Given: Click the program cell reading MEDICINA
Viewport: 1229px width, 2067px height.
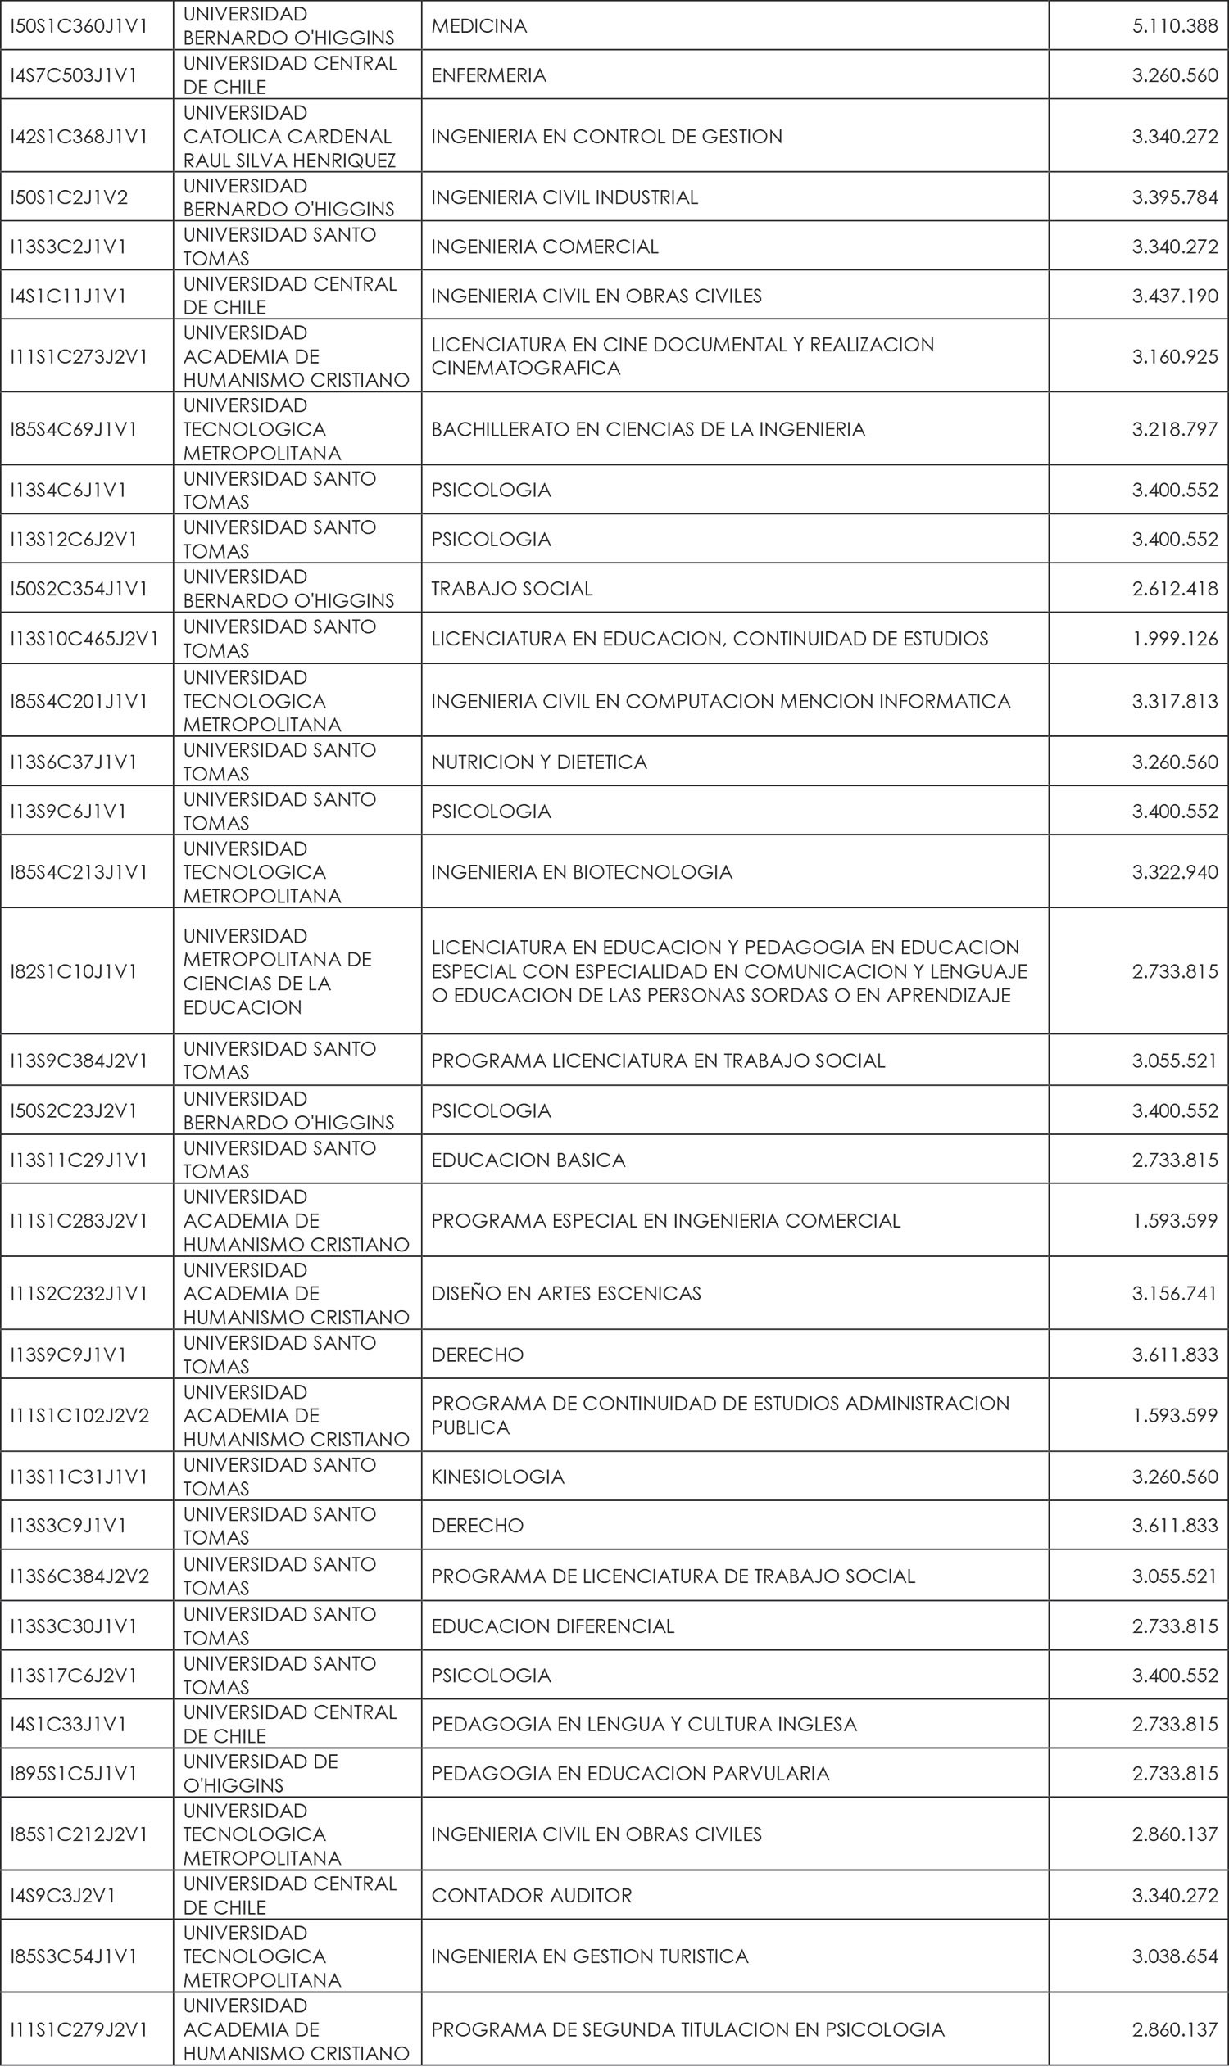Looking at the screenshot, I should click(479, 25).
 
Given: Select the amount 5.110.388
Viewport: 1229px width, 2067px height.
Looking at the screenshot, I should click(1174, 25).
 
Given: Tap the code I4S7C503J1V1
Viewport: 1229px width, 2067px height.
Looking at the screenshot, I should click(74, 75).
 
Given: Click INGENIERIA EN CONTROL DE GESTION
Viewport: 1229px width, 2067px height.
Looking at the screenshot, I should click(606, 137).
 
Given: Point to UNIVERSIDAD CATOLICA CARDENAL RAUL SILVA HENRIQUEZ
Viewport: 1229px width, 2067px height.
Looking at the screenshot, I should click(289, 137).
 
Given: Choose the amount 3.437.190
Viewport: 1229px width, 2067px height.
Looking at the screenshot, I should click(1174, 296).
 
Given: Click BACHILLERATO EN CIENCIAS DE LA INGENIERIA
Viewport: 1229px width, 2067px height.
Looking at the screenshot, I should click(647, 429).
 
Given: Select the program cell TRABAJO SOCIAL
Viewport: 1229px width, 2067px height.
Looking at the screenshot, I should click(512, 589).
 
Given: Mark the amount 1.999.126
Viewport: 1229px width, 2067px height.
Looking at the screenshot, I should click(1174, 638).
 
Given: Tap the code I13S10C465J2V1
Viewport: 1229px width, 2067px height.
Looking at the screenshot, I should click(84, 638).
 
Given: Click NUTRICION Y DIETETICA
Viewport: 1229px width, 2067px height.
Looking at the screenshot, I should click(539, 762).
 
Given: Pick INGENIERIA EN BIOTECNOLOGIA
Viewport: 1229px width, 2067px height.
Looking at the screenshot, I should click(582, 871).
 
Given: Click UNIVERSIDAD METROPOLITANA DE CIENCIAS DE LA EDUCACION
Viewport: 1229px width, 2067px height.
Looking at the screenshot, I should click(278, 971).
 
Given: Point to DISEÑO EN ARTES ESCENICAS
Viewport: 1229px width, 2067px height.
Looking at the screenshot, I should click(565, 1293).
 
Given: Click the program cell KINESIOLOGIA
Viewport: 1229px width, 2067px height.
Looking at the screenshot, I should click(497, 1477).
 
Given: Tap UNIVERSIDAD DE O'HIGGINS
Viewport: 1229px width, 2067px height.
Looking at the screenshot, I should click(261, 1773).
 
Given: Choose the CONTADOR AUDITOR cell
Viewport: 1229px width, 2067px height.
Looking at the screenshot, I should click(531, 1896).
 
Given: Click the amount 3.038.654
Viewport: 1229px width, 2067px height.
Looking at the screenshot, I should click(1174, 1956).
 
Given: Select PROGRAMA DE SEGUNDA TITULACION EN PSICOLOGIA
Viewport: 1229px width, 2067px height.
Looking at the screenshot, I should click(687, 2030).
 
